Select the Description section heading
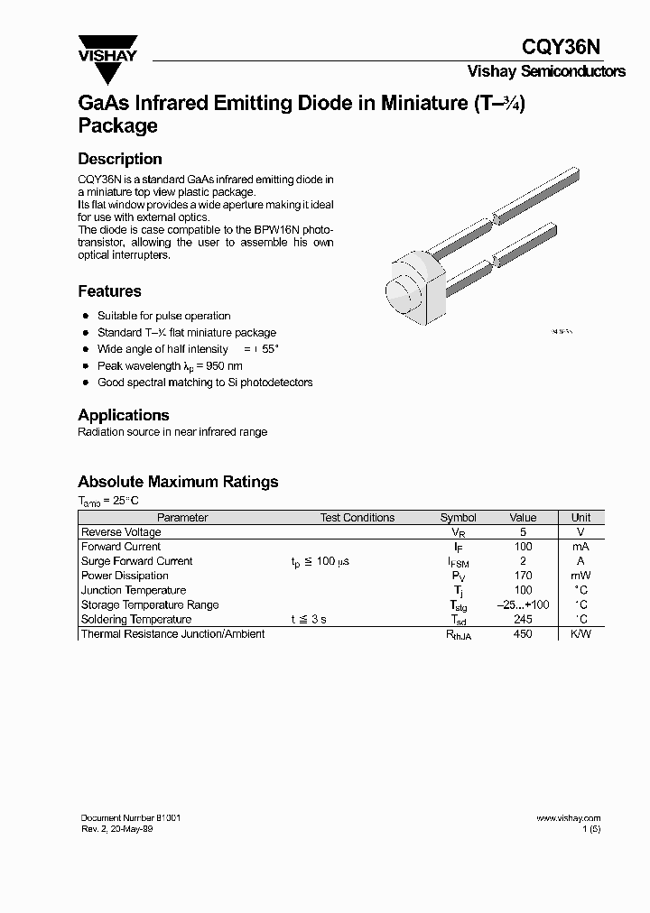coord(120,159)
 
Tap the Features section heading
coord(109,291)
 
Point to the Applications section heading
coord(124,415)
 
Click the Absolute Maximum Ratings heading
coord(178,482)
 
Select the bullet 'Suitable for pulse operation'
coord(163,316)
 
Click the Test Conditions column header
coord(357,518)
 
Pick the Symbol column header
coord(458,518)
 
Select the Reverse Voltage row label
coord(121,532)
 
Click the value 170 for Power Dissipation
coord(522,576)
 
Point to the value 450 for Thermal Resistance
coord(522,634)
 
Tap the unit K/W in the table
coord(580,634)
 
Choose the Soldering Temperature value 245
coord(522,620)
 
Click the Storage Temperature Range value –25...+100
coord(523,604)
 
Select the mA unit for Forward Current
coord(580,547)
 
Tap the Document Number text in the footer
coord(131,818)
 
